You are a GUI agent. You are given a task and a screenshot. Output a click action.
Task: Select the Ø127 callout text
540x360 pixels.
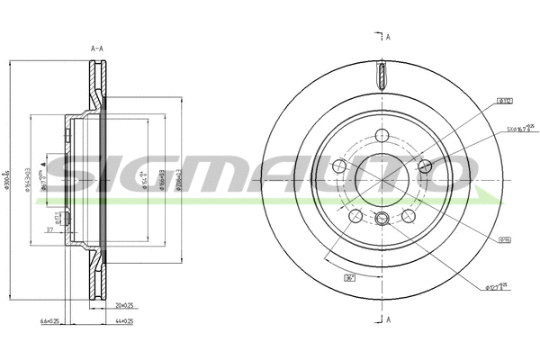pos(498,287)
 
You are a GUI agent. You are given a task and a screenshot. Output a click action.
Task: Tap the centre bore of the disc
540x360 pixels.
pos(382,180)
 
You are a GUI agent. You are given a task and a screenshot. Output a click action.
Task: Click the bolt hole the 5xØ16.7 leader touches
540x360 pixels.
pos(426,166)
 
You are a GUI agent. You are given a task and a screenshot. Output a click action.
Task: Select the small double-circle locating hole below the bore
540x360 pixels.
pos(382,219)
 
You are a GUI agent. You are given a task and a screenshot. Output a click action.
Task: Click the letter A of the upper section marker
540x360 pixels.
pos(388,38)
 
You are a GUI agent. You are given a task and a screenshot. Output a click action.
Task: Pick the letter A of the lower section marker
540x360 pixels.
pos(388,320)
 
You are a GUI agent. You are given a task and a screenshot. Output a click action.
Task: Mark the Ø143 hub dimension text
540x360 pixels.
pos(29,180)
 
